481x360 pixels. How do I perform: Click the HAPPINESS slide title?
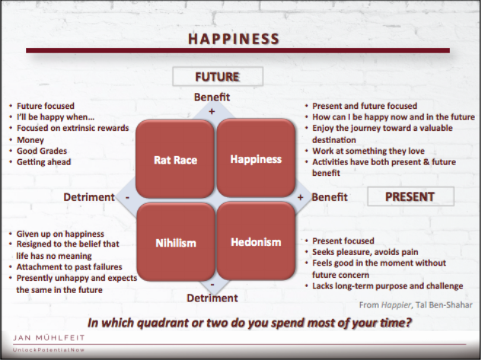point(234,39)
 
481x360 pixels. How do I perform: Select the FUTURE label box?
point(218,76)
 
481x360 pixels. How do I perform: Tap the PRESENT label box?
point(410,196)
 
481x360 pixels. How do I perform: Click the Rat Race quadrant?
point(175,158)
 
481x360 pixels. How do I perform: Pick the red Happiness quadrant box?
point(256,158)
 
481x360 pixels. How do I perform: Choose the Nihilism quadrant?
point(176,242)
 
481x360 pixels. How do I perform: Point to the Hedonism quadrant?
point(256,241)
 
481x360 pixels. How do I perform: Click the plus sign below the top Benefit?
point(212,111)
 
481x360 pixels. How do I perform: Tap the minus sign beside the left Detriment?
point(127,197)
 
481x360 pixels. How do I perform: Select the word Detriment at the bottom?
point(212,298)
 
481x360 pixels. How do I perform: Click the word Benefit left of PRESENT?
point(330,197)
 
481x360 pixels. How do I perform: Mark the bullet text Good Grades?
point(42,151)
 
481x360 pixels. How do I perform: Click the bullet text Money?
point(30,140)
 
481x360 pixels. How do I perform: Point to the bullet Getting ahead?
point(44,162)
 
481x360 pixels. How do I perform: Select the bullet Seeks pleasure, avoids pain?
point(365,252)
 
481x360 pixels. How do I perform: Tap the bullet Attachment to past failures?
point(69,267)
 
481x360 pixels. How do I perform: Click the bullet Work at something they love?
point(368,151)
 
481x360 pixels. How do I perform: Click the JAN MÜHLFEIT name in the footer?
point(49,338)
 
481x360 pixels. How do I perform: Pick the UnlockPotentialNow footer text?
point(49,350)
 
